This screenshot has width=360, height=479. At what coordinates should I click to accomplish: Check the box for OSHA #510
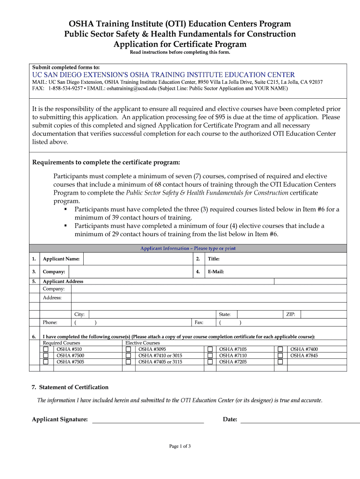46,349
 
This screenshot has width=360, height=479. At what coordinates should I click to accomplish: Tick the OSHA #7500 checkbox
46,356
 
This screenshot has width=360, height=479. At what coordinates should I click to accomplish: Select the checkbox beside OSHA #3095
128,349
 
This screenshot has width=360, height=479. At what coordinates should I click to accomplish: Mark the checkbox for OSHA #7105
210,349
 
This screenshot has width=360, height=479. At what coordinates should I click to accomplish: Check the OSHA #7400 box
281,349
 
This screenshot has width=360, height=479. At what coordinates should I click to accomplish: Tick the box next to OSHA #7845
281,356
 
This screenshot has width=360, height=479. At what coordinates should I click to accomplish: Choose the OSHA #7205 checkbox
210,362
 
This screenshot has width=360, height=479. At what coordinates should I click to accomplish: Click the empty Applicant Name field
137,259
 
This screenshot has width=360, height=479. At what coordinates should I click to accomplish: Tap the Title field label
214,259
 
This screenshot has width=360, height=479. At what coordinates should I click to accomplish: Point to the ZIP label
290,314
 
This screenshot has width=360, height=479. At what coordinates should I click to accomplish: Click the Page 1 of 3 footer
180,446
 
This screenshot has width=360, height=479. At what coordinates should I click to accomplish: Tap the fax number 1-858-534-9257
65,88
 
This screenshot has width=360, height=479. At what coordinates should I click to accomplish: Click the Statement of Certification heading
70,387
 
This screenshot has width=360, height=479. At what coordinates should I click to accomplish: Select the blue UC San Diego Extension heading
163,75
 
